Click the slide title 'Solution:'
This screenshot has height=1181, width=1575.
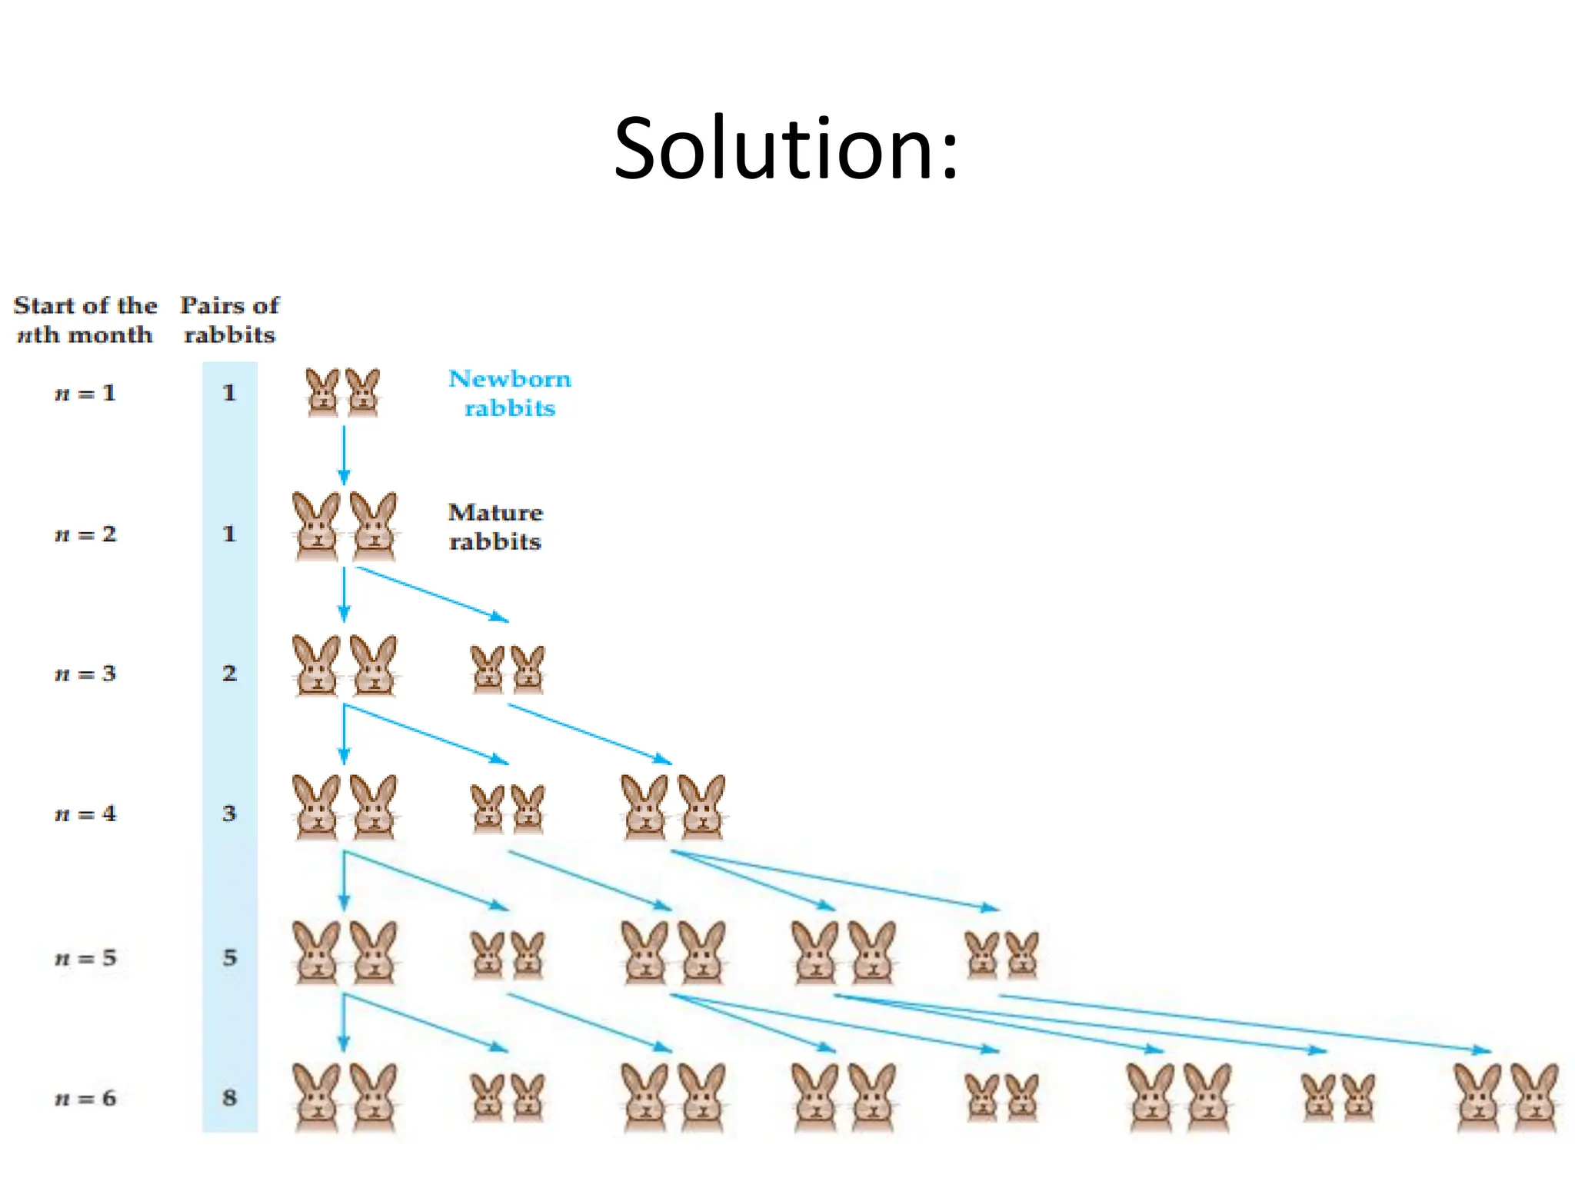(786, 148)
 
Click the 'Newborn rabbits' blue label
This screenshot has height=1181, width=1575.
(510, 393)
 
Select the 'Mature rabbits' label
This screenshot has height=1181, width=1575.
(495, 527)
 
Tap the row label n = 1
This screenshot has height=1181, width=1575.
(85, 393)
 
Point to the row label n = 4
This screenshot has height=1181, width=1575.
(85, 813)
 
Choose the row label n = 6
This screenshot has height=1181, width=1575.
(85, 1098)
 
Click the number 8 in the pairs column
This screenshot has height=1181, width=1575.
(229, 1098)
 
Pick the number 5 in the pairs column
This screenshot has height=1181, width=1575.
(229, 958)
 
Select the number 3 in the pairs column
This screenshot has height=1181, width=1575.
(229, 813)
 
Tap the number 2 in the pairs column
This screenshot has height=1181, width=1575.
(229, 674)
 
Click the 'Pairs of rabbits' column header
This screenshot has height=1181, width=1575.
(229, 320)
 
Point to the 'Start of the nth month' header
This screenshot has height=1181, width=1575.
(85, 320)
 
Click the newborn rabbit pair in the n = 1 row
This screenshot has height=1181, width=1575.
(343, 393)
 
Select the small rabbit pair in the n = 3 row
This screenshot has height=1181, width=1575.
(508, 669)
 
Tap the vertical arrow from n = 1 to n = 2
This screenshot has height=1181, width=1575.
(344, 454)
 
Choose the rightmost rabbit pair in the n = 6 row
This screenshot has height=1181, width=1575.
(1507, 1098)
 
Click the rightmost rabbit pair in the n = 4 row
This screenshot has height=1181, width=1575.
(673, 807)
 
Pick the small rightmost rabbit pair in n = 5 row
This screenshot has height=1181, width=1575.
(1002, 955)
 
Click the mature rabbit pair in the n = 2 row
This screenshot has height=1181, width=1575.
(345, 527)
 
